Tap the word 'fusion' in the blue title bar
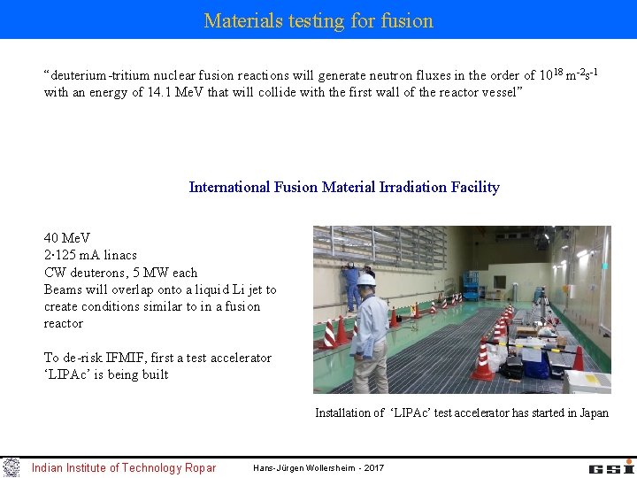click(404, 20)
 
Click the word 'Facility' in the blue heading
click(474, 187)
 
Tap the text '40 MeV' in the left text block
click(65, 238)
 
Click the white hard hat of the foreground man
click(366, 280)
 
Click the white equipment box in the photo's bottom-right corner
click(587, 382)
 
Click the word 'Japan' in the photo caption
click(592, 412)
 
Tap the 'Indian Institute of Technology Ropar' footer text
click(123, 468)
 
